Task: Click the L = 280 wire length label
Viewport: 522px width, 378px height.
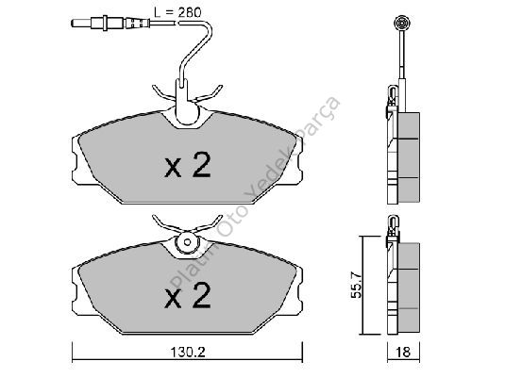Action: tap(177, 12)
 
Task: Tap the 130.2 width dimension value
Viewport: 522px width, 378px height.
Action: tap(188, 352)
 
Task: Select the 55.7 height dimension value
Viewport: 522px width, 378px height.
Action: tap(357, 285)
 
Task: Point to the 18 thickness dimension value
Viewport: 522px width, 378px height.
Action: tap(403, 352)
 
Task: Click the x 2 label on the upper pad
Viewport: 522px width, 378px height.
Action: tap(188, 165)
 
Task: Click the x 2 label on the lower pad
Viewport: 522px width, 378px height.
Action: tap(188, 296)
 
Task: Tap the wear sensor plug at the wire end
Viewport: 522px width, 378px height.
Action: tap(109, 24)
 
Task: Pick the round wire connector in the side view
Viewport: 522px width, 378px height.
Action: tap(401, 24)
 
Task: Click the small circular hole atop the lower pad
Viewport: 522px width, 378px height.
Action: tap(187, 242)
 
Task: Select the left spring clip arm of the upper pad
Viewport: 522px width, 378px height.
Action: tap(163, 93)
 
